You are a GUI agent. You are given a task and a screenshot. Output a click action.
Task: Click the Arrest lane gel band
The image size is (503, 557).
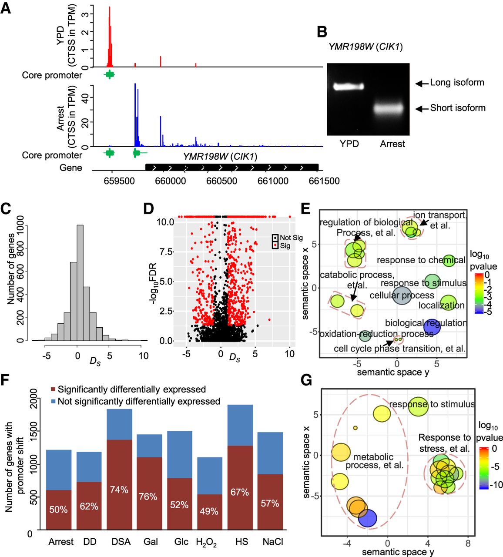coord(392,108)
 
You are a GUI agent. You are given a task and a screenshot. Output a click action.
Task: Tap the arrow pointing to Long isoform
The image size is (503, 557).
coord(421,83)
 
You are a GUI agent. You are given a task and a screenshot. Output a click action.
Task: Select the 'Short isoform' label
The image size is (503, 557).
coord(457,108)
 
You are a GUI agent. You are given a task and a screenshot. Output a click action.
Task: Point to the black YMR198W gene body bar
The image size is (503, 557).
coord(232,168)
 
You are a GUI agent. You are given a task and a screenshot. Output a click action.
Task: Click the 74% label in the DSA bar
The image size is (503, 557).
coord(119,490)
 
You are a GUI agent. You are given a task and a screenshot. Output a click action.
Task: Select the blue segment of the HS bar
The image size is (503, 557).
coord(240,425)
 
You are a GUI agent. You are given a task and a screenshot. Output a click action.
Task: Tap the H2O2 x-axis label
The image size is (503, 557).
coord(207,542)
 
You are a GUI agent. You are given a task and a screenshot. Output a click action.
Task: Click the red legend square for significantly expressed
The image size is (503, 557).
coord(53,389)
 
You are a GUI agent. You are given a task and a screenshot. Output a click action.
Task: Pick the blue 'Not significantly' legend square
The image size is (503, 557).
coord(53,401)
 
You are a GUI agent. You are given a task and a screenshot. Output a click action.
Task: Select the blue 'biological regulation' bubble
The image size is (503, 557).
coord(432,326)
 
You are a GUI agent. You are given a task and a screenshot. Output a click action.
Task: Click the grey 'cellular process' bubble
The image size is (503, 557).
coord(402,295)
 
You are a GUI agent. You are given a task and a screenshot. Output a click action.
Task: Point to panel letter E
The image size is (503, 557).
coord(305,208)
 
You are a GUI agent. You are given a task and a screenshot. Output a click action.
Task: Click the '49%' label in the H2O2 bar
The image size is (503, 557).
coord(209,511)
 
